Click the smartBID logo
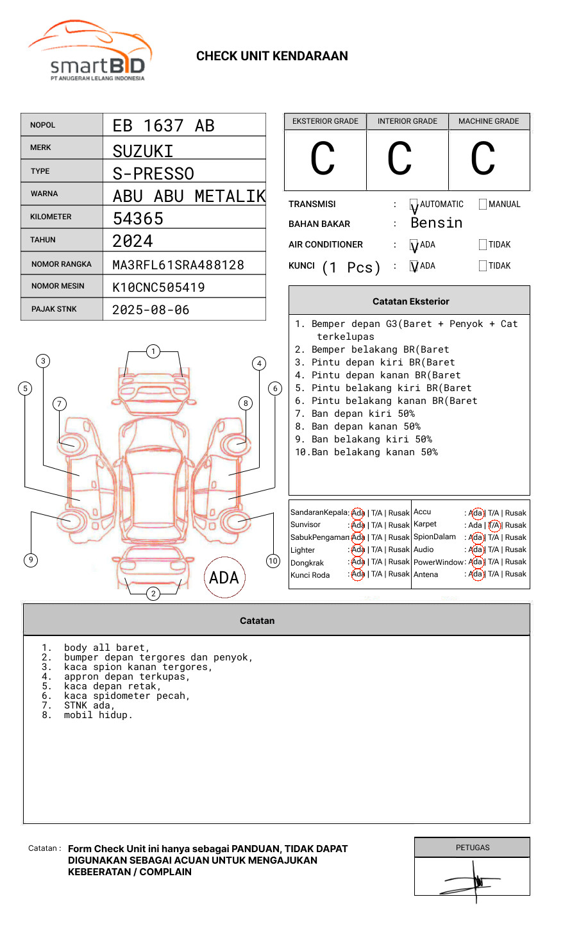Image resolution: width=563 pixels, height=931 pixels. pyautogui.click(x=90, y=51)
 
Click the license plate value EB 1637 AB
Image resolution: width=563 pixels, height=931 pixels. pyautogui.click(x=164, y=126)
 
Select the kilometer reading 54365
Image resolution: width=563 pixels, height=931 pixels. pyautogui.click(x=138, y=219)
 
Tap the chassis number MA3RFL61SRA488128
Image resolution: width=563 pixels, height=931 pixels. pyautogui.click(x=178, y=265)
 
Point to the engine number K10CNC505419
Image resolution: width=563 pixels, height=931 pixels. pyautogui.click(x=158, y=287)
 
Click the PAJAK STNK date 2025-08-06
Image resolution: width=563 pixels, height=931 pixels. pyautogui.click(x=151, y=310)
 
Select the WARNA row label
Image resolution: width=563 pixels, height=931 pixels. pyautogui.click(x=44, y=194)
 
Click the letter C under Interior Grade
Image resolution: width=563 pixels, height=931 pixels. pyautogui.click(x=399, y=159)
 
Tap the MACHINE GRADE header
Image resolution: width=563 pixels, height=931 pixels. pyautogui.click(x=489, y=121)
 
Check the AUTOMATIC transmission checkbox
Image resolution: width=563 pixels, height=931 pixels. pyautogui.click(x=414, y=205)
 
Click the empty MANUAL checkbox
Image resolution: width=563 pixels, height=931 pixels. pyautogui.click(x=483, y=205)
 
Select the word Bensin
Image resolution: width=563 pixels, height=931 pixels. pyautogui.click(x=436, y=223)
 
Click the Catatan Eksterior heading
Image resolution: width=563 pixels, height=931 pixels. pyautogui.click(x=410, y=301)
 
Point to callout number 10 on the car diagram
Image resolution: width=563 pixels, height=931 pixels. pyautogui.click(x=273, y=561)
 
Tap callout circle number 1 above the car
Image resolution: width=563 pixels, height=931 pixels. pyautogui.click(x=153, y=351)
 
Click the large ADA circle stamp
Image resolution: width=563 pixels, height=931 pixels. pyautogui.click(x=224, y=578)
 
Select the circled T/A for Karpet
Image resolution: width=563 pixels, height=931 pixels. pyautogui.click(x=494, y=525)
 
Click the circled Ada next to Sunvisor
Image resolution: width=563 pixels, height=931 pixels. pyautogui.click(x=358, y=525)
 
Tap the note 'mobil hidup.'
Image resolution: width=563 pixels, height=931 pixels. pyautogui.click(x=98, y=715)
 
